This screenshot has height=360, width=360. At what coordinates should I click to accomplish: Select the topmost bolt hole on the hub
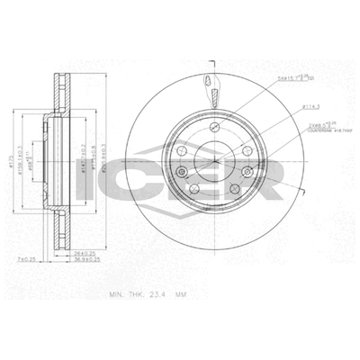click(212, 127)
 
